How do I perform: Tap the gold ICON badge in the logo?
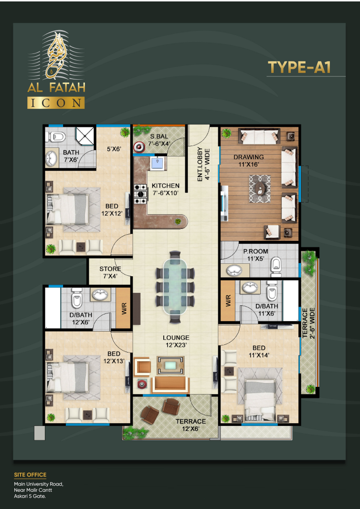tap(55, 103)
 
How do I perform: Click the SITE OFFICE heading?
tap(30, 475)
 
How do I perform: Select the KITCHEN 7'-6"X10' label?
tap(165, 189)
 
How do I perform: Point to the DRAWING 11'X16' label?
tap(248, 161)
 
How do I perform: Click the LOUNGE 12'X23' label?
tap(175, 341)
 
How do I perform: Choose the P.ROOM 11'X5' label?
tap(255, 255)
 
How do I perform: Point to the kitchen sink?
tap(157, 164)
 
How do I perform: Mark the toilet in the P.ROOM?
tap(275, 268)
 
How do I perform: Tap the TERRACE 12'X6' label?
tap(191, 425)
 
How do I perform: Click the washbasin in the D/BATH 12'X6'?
tap(100, 294)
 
